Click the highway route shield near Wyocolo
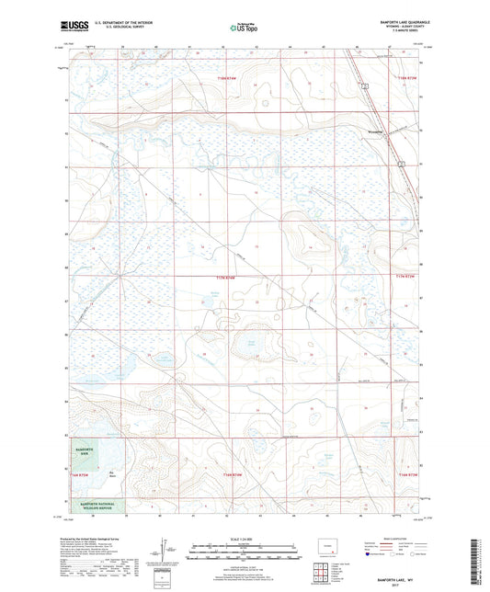coord(366,85)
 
